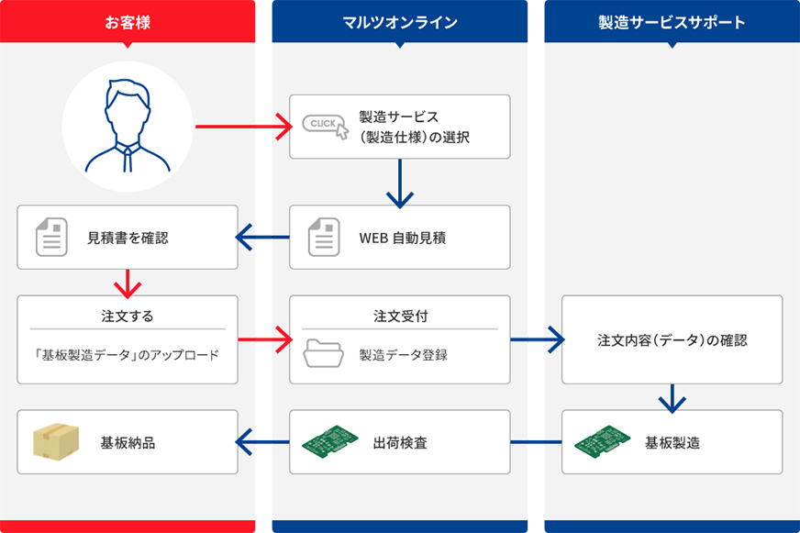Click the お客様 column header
[128, 23]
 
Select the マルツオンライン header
[399, 23]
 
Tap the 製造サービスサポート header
[672, 23]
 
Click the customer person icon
[128, 127]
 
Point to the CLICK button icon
[326, 127]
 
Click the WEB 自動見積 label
[404, 238]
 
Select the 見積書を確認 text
[128, 238]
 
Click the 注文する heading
[128, 316]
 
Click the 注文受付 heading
[400, 316]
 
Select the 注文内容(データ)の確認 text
[672, 340]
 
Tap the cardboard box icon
[55, 442]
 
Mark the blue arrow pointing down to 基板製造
[672, 397]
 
